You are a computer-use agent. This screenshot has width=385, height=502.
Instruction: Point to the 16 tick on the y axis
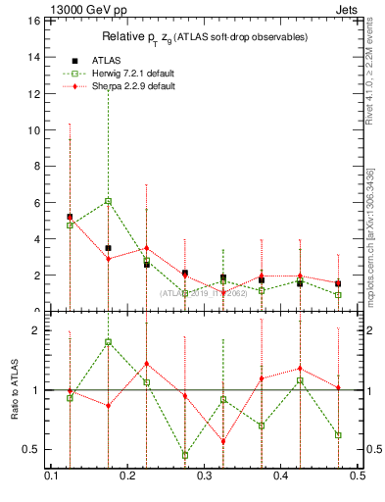34,21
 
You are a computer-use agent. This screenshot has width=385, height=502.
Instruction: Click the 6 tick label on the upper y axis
36,202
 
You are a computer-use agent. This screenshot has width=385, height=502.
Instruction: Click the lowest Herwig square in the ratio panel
184,455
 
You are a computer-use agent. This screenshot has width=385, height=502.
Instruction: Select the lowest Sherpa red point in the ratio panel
222,441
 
